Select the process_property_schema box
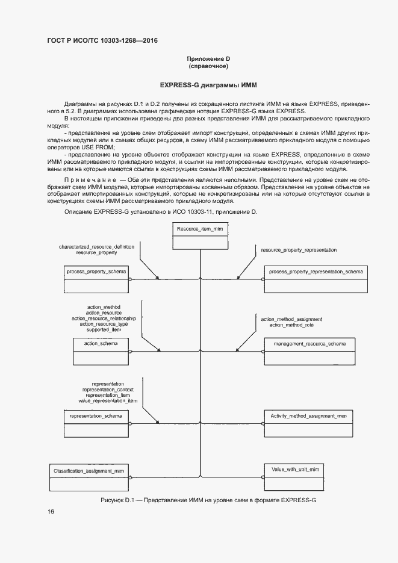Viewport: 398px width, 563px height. pyautogui.click(x=96, y=279)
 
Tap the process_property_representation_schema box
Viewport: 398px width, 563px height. pyautogui.click(x=316, y=279)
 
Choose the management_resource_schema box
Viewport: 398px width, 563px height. pyautogui.click(x=309, y=350)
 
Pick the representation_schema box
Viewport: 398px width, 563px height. pyautogui.click(x=96, y=423)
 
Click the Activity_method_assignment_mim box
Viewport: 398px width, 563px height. pyautogui.click(x=308, y=423)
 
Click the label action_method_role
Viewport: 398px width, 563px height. pyautogui.click(x=291, y=325)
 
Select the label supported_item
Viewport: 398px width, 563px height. pyautogui.click(x=104, y=329)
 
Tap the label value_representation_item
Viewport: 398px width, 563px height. pyautogui.click(x=108, y=400)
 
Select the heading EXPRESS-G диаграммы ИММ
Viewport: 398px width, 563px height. pyautogui.click(x=199, y=86)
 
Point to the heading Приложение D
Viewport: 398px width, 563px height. pyautogui.click(x=208, y=58)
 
